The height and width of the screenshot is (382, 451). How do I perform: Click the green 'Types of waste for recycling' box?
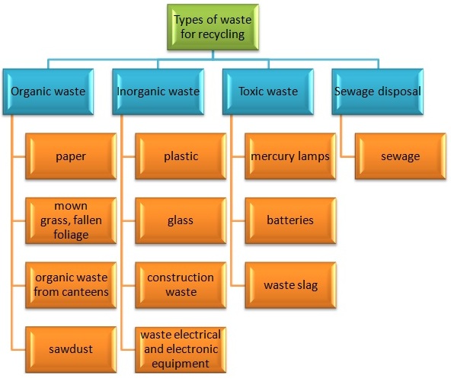[x=213, y=27]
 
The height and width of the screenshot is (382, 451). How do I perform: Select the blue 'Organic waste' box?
[x=48, y=91]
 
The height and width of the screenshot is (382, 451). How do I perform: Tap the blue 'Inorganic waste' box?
[x=158, y=91]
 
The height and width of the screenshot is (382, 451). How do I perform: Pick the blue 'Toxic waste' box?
[x=268, y=91]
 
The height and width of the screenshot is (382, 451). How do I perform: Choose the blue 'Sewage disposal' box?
[x=377, y=91]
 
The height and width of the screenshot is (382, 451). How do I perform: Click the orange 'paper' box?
[x=71, y=156]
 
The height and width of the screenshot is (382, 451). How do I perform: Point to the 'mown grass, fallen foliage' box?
[x=71, y=221]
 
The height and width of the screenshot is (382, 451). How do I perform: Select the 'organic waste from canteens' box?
[x=71, y=285]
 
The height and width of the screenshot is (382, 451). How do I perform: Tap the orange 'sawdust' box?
[x=71, y=350]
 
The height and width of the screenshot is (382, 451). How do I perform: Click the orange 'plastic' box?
[x=181, y=156]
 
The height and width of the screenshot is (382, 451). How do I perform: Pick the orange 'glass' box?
[x=181, y=221]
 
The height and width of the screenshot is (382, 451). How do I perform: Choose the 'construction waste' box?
[x=181, y=285]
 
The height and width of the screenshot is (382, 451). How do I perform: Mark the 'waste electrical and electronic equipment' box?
[x=181, y=350]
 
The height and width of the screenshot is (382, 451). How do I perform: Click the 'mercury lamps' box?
[x=290, y=156]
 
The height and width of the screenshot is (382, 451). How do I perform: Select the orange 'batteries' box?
[x=290, y=221]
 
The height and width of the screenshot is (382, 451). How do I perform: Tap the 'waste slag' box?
[x=290, y=285]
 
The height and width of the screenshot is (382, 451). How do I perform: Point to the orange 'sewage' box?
[x=401, y=156]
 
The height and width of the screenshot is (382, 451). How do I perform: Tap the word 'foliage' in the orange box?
[x=71, y=235]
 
